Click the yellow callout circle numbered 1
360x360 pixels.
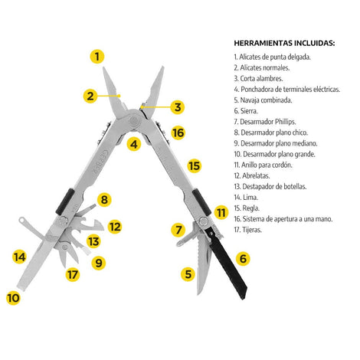point(97,57)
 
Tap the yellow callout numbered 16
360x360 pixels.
point(178,133)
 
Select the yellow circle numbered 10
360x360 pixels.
point(13,298)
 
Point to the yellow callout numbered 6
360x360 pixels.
point(243,259)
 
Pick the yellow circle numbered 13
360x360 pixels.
point(93,241)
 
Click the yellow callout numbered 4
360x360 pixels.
point(134,144)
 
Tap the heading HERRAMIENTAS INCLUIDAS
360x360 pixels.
point(284,43)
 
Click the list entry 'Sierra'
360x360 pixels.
point(246,111)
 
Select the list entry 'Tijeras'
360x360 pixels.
point(248,230)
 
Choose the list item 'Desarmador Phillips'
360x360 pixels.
point(265,122)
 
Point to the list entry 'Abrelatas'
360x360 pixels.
point(252,175)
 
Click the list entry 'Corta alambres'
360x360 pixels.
point(258,78)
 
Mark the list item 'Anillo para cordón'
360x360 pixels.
point(263,165)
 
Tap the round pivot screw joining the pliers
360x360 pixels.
point(133,120)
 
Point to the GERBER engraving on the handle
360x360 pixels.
point(100,162)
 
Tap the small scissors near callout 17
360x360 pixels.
point(67,253)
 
